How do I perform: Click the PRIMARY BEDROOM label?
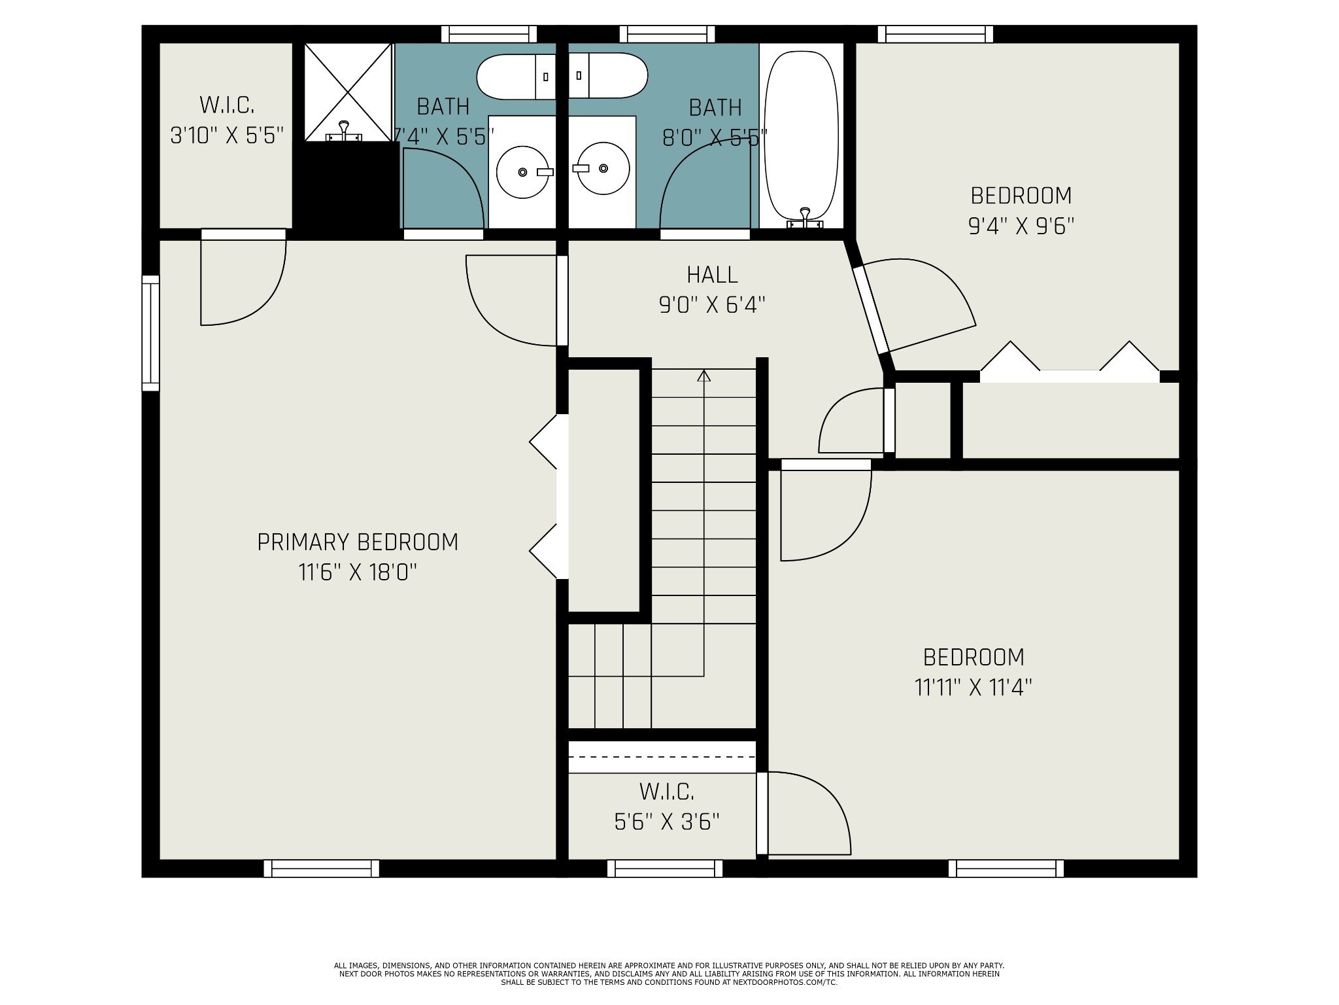click(357, 542)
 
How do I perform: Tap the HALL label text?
click(712, 275)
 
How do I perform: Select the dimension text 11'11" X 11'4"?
click(973, 688)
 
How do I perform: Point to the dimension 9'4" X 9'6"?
click(1021, 226)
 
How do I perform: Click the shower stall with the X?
click(348, 92)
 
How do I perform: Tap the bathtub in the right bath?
click(802, 134)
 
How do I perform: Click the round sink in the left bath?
click(522, 171)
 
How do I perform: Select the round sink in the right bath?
click(602, 169)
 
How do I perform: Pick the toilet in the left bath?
click(517, 77)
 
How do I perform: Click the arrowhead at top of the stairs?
click(703, 376)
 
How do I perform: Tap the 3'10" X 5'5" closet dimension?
click(227, 135)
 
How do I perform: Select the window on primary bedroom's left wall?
click(151, 333)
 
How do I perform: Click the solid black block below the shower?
click(347, 186)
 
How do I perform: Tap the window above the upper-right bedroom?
click(935, 34)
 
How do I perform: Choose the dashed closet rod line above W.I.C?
click(662, 757)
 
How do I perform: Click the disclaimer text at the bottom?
click(669, 974)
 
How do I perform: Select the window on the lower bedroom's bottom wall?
click(1006, 868)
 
